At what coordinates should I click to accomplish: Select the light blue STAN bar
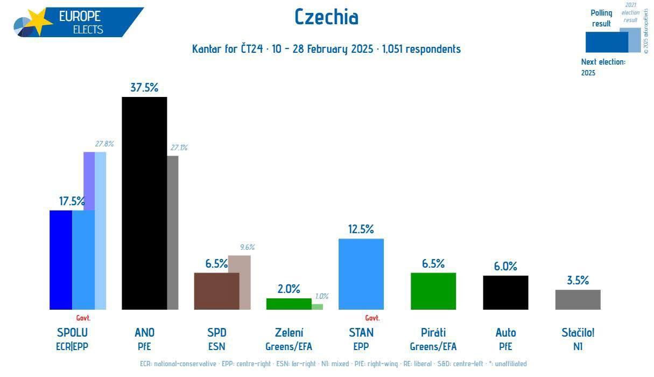pos(361,274)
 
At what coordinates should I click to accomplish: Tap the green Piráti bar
pos(433,291)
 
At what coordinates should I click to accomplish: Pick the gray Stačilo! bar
pos(578,299)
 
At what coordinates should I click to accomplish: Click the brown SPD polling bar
pos(216,291)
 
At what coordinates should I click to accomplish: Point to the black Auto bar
pos(505,292)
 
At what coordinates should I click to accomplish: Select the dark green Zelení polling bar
pos(289,304)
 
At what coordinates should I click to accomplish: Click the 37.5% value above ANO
pos(144,88)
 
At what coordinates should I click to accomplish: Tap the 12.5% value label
pos(361,229)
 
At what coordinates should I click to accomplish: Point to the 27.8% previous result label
pos(104,144)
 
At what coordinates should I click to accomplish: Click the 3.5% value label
pos(578,280)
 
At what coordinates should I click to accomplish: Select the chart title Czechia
pos(326,18)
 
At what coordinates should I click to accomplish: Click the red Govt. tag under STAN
pos(372,318)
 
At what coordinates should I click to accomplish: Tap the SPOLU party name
pos(72,332)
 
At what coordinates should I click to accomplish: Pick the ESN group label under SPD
pos(216,346)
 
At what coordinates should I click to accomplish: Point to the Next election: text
pos(603,62)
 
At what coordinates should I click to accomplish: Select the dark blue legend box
pos(606,42)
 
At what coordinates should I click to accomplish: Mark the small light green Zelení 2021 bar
pos(318,306)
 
